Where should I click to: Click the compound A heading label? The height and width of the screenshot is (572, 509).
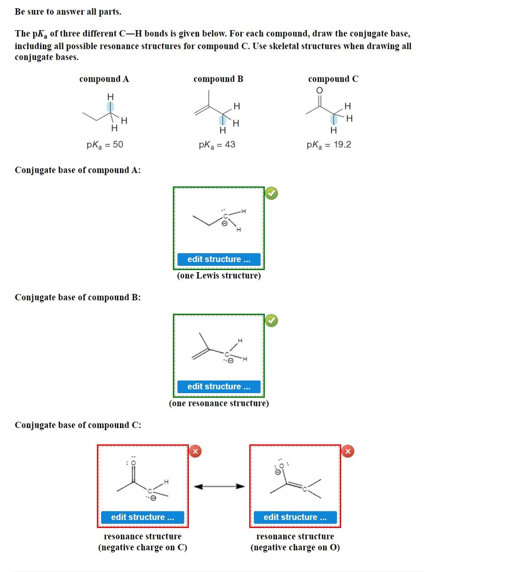pyautogui.click(x=104, y=79)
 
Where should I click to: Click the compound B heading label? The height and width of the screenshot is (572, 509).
pyautogui.click(x=218, y=79)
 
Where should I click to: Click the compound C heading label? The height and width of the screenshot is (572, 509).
pyautogui.click(x=333, y=79)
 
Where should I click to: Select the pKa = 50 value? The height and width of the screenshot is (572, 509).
pyautogui.click(x=105, y=145)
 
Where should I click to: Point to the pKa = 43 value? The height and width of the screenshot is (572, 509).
pyautogui.click(x=217, y=145)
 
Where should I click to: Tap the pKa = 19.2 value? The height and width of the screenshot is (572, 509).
pyautogui.click(x=329, y=145)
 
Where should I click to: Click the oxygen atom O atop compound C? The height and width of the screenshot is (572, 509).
pyautogui.click(x=319, y=90)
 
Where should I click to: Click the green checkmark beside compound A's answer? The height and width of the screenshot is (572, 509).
pyautogui.click(x=271, y=193)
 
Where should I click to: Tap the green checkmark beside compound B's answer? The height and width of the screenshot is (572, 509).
pyautogui.click(x=271, y=321)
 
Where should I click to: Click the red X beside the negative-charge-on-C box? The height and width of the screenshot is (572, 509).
pyautogui.click(x=195, y=451)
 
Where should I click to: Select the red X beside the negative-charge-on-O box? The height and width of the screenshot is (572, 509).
pyautogui.click(x=348, y=451)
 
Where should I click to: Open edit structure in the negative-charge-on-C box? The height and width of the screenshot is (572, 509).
pyautogui.click(x=143, y=517)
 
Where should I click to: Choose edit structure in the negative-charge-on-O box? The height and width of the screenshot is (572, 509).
pyautogui.click(x=295, y=517)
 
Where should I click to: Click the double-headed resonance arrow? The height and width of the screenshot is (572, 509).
pyautogui.click(x=219, y=486)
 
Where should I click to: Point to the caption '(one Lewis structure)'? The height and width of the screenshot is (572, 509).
pyautogui.click(x=219, y=276)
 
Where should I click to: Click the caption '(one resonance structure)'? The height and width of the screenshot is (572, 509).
pyautogui.click(x=219, y=403)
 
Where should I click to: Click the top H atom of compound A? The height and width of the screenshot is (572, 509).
pyautogui.click(x=110, y=97)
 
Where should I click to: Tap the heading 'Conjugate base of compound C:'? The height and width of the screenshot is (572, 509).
pyautogui.click(x=78, y=425)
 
